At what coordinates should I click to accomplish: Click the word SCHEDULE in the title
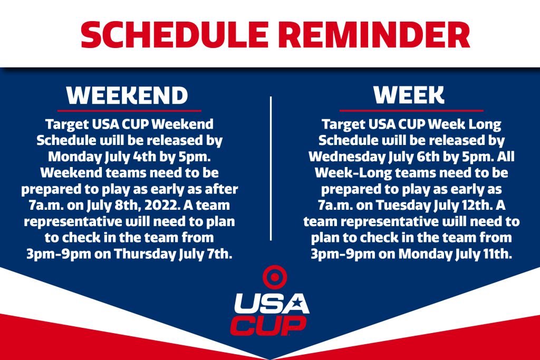click(x=175, y=34)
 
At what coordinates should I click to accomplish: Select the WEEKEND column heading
click(x=128, y=95)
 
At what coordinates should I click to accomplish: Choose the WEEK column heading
click(x=409, y=95)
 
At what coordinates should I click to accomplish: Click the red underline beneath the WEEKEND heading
click(x=129, y=111)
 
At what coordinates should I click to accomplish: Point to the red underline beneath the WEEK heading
click(x=411, y=111)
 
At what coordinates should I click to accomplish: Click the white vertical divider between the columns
click(x=271, y=168)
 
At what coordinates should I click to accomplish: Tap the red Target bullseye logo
click(x=275, y=277)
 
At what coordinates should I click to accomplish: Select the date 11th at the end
click(x=498, y=254)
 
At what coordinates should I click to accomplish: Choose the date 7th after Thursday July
click(x=220, y=254)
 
